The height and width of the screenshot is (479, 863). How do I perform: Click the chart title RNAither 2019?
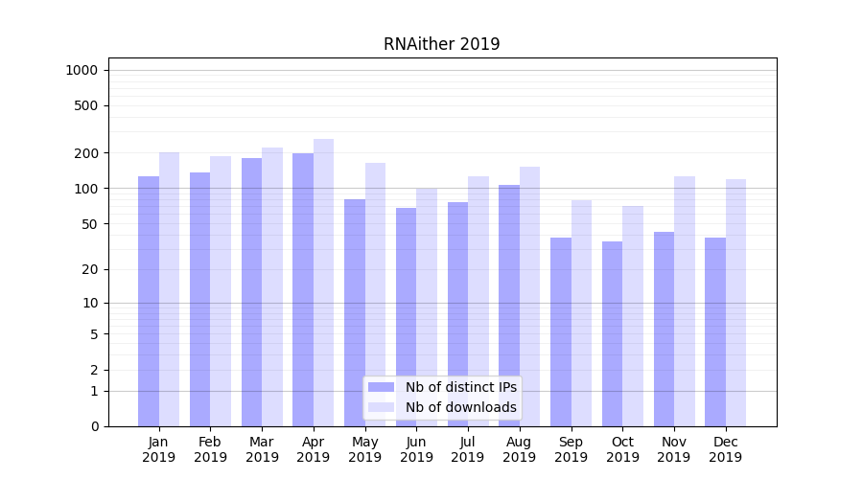click(x=441, y=44)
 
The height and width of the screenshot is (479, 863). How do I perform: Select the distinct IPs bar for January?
click(x=149, y=301)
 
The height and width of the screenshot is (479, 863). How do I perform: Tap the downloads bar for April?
click(x=323, y=283)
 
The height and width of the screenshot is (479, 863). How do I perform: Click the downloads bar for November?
click(x=685, y=301)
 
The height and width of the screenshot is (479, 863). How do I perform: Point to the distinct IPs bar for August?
click(x=509, y=306)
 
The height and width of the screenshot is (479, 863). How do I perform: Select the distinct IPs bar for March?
click(x=251, y=292)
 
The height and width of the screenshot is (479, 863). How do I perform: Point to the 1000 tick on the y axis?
click(x=82, y=70)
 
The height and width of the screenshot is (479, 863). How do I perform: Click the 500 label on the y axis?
click(x=87, y=105)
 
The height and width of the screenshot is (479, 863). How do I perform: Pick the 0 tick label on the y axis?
click(x=95, y=426)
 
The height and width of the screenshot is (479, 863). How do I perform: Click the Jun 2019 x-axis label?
click(x=416, y=449)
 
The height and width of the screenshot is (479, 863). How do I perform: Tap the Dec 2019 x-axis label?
click(x=725, y=449)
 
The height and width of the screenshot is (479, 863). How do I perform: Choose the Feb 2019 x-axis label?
click(x=210, y=449)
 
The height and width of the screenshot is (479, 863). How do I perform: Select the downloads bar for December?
click(x=735, y=303)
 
